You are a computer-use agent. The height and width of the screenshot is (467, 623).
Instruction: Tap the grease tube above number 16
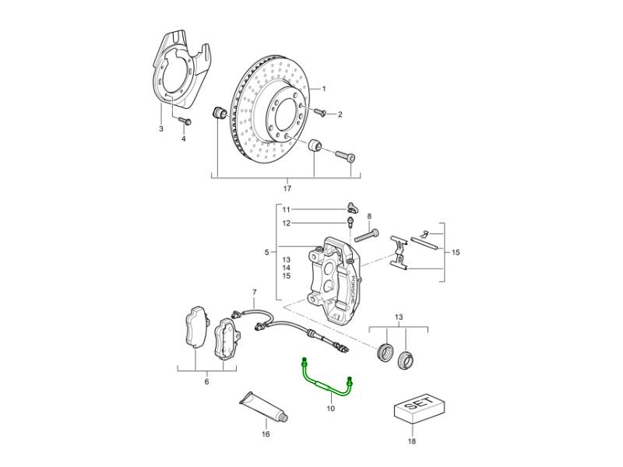coord(263,406)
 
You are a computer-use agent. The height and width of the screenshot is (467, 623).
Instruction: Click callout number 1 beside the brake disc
coord(324,89)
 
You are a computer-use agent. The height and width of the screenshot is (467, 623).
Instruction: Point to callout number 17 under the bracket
coord(287,188)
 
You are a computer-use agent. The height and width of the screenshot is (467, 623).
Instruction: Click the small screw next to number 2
coord(319,113)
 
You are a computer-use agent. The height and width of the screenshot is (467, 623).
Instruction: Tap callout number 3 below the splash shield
coord(161,128)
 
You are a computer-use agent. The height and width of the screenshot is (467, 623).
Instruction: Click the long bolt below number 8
coord(366,235)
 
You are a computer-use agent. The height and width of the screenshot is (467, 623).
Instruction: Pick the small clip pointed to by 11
coord(352,207)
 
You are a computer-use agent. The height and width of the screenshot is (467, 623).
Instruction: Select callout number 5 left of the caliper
coord(266,252)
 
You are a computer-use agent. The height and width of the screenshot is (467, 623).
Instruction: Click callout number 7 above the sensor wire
coord(255,293)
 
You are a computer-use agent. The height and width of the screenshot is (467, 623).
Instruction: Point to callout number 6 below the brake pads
coord(206,381)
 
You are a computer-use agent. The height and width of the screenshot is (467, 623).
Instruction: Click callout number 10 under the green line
coord(330,408)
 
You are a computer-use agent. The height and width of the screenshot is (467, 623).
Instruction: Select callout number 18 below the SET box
coord(412,441)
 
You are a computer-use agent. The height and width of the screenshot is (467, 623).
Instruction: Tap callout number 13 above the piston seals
coord(399,317)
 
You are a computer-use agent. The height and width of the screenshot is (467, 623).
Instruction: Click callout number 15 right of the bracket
coord(456,252)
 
